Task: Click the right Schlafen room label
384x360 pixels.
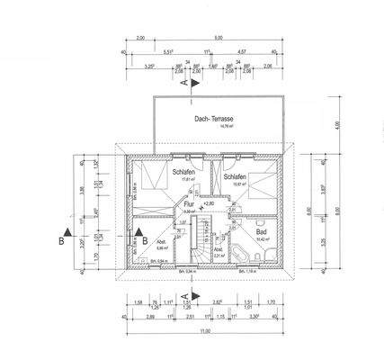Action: click(236, 177)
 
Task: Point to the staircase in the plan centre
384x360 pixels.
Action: click(189, 239)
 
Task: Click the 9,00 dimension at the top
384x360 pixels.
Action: click(219, 40)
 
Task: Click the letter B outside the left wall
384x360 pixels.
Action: click(59, 240)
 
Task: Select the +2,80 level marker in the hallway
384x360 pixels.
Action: click(209, 205)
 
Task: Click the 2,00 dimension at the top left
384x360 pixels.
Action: click(139, 40)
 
